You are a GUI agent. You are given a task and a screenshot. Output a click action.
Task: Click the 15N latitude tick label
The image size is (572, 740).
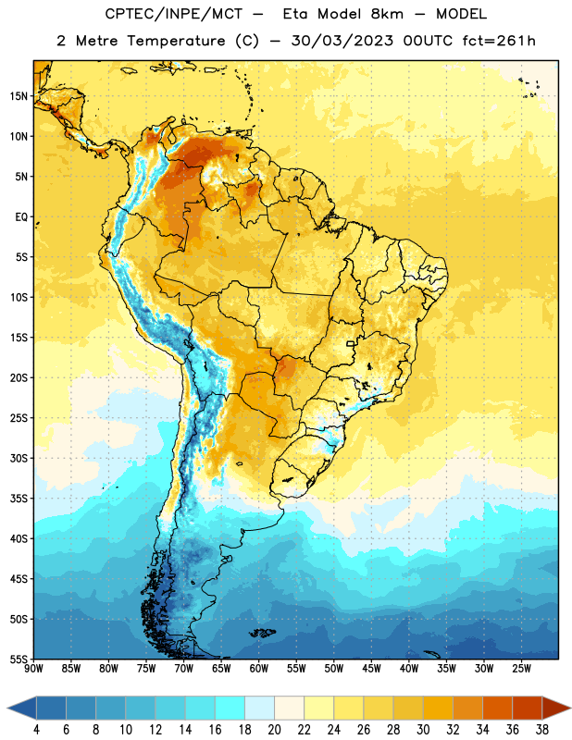(x=19, y=96)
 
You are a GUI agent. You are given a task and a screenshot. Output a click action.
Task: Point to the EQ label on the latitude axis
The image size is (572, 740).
(x=21, y=217)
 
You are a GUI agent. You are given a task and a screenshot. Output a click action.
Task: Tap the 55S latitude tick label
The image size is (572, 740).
(x=19, y=659)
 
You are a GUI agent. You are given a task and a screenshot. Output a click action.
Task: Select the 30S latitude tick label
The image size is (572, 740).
(x=19, y=458)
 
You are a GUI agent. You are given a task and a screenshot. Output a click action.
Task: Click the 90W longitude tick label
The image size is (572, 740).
(x=33, y=669)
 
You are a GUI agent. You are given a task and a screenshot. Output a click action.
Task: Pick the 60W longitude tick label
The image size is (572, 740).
(x=259, y=669)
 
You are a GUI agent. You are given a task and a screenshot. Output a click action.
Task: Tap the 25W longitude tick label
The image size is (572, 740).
(x=521, y=669)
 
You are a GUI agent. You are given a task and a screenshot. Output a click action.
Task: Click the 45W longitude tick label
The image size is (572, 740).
(x=371, y=669)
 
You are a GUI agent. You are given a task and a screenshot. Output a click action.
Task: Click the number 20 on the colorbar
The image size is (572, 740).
(x=274, y=730)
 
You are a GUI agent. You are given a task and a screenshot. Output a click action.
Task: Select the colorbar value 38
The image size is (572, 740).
(x=541, y=730)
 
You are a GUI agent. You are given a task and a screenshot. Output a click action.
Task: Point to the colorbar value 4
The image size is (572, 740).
(x=36, y=730)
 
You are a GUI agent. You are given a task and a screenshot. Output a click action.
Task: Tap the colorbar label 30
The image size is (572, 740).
(x=423, y=730)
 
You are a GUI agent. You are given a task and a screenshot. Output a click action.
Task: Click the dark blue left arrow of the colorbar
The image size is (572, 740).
(x=22, y=708)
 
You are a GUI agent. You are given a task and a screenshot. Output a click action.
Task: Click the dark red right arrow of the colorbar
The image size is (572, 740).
(x=556, y=708)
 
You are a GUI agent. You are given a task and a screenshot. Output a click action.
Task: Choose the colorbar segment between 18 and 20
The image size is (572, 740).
(x=260, y=708)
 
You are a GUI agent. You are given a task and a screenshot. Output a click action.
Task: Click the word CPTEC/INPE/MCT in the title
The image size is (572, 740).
(x=173, y=14)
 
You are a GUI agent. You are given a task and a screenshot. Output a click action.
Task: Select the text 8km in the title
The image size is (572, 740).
(x=387, y=14)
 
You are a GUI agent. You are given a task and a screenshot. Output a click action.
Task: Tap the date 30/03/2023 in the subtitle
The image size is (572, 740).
(x=342, y=41)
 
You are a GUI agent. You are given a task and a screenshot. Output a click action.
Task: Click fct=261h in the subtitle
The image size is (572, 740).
(x=499, y=41)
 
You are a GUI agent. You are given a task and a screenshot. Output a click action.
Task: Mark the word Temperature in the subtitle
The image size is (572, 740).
(x=176, y=42)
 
